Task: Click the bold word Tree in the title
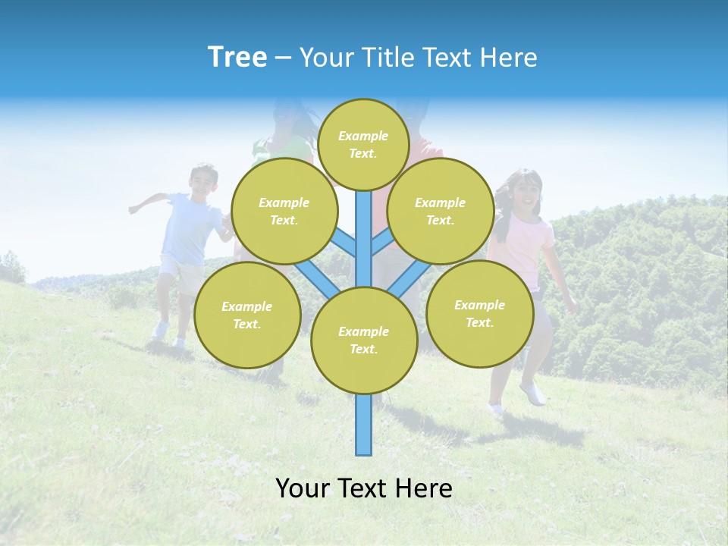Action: (237, 57)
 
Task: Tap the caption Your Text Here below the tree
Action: (364, 488)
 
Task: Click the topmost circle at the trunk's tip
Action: (363, 144)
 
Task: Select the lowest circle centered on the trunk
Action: (364, 340)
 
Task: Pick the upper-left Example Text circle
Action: (284, 211)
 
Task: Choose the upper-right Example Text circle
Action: (441, 211)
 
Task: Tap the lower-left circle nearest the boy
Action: (247, 315)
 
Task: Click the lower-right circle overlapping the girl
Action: (479, 313)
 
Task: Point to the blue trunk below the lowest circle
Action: (364, 425)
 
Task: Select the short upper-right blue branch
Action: (381, 243)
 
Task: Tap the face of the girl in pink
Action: (524, 193)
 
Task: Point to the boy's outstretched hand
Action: (134, 208)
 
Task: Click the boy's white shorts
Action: (180, 268)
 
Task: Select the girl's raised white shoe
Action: (533, 392)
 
